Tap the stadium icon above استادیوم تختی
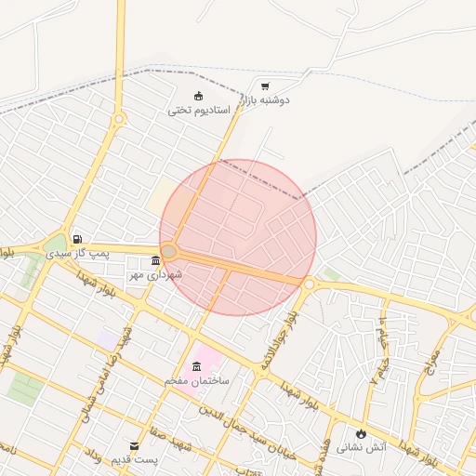click(x=197, y=95)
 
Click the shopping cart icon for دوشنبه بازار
click(x=266, y=85)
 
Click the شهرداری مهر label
click(x=156, y=274)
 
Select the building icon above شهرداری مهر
click(x=155, y=261)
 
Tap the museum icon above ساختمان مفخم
click(x=196, y=366)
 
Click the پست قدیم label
click(x=136, y=459)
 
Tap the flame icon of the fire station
click(x=360, y=433)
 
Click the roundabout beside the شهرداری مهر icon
click(x=169, y=251)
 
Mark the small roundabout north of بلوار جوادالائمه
click(x=308, y=283)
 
